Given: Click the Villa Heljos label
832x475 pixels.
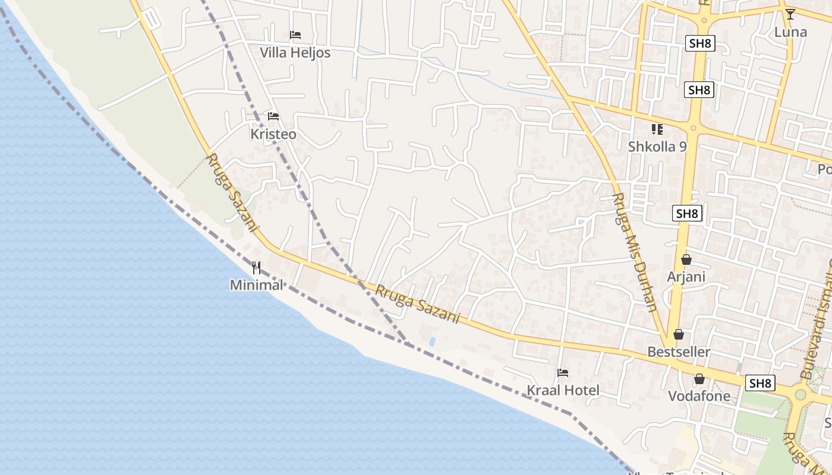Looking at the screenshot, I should [x=295, y=53].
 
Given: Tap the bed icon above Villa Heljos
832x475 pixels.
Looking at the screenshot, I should [x=295, y=35].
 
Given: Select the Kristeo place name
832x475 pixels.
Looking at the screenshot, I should [x=273, y=134].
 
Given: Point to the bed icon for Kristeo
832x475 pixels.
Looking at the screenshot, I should [x=273, y=116].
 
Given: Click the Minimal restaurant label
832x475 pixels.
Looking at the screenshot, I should [x=257, y=285].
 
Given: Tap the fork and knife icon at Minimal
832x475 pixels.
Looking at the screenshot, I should [x=257, y=268].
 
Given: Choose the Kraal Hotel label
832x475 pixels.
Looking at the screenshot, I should [x=563, y=390].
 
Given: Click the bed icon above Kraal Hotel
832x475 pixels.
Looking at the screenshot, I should [x=563, y=373].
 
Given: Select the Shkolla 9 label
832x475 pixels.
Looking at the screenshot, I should [x=657, y=146].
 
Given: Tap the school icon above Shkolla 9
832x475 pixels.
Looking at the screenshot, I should [x=657, y=129].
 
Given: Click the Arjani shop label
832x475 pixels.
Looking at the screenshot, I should [x=686, y=277].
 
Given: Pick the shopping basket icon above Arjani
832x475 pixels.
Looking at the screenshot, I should [x=686, y=259].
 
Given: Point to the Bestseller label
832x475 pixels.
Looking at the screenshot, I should [x=679, y=352].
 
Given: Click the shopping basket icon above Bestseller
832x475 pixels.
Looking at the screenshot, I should [x=679, y=334].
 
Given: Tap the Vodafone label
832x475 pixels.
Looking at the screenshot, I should [x=699, y=396].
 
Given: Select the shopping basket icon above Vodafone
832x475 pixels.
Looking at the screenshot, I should [x=699, y=379].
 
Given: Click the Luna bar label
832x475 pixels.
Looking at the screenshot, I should [x=790, y=32].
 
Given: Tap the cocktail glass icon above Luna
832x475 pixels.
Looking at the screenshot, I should [x=790, y=14].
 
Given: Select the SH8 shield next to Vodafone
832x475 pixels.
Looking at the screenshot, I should [x=760, y=383].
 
